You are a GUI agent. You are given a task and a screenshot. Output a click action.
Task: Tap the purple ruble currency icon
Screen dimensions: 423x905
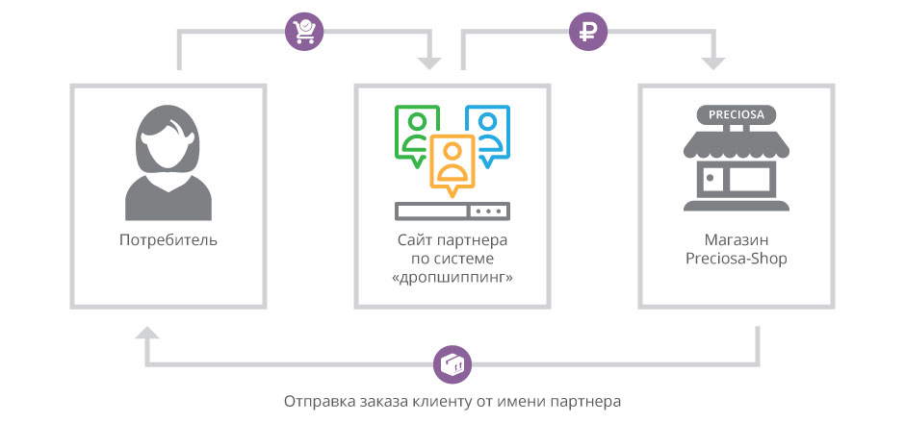tap(586, 32)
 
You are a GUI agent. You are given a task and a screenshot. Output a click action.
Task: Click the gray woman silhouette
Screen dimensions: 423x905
tap(168, 164)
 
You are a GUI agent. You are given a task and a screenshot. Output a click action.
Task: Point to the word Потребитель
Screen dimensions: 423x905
tap(168, 239)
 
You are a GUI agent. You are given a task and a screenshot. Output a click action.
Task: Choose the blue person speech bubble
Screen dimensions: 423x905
tap(487, 130)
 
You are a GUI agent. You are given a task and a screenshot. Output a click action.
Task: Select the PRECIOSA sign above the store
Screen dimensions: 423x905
tap(736, 115)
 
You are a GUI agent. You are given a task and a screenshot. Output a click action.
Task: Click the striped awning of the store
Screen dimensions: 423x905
tap(737, 145)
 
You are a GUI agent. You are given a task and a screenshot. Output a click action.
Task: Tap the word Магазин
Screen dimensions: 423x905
tap(737, 239)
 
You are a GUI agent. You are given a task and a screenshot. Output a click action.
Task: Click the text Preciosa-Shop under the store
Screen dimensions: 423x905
tap(737, 259)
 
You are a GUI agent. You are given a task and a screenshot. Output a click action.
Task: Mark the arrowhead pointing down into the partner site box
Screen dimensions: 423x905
tap(429, 63)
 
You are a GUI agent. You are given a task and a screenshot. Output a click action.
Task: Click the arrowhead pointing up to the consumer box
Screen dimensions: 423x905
tap(146, 334)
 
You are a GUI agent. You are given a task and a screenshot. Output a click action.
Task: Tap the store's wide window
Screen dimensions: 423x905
tap(751, 180)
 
